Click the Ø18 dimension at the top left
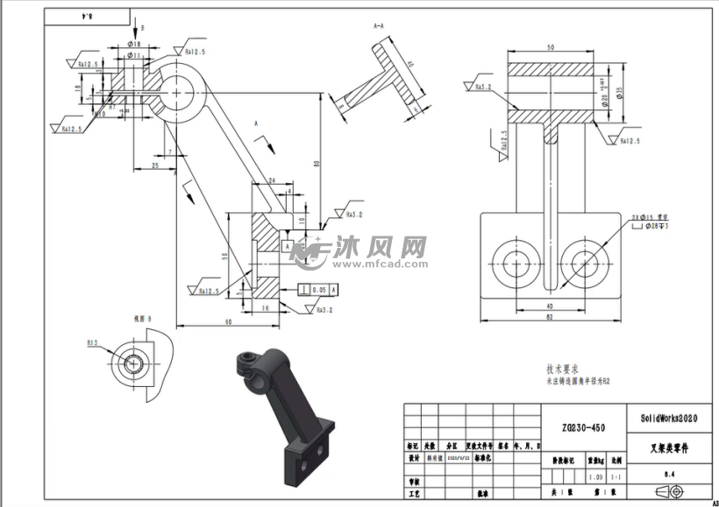pos(134,43)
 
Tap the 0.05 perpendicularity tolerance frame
pos(317,288)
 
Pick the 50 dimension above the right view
pos(551,46)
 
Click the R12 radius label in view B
pos(91,343)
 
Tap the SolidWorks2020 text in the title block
pos(669,419)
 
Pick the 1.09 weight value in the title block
pos(595,476)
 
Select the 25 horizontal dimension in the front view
pos(154,165)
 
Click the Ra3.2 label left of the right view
pos(483,87)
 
